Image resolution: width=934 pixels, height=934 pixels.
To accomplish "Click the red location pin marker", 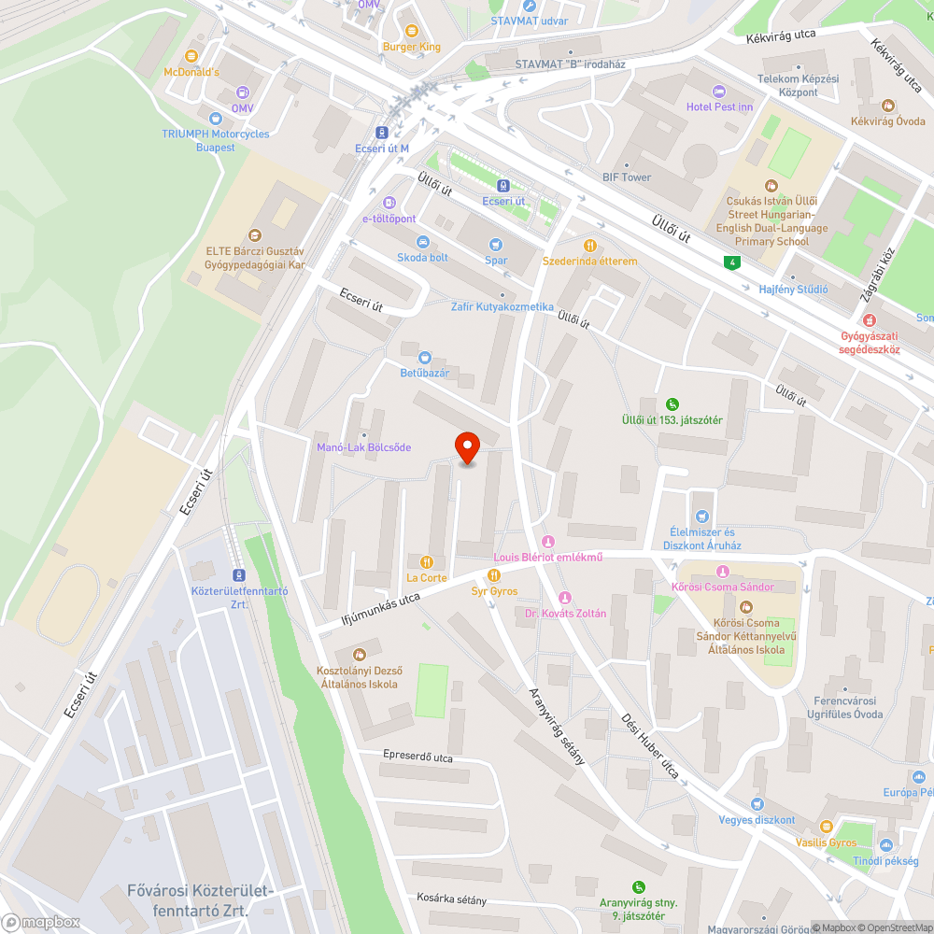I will click(466, 447).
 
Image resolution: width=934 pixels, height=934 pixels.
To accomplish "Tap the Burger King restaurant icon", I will click(411, 31).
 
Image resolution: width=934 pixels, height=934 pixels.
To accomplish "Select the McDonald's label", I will click(191, 72).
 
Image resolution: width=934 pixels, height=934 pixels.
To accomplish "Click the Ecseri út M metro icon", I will click(382, 133).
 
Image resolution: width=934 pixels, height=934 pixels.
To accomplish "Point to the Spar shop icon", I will click(496, 244).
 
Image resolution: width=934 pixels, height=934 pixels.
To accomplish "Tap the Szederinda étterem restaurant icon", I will click(589, 246).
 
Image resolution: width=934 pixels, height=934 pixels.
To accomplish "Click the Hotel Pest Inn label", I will click(719, 106).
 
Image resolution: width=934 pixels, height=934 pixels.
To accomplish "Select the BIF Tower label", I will click(627, 177).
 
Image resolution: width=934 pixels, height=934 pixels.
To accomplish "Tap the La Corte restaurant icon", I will click(426, 561).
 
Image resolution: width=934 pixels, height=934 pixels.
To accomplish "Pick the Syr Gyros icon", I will click(494, 575).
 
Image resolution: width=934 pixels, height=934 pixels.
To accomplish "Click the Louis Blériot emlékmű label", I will click(547, 558).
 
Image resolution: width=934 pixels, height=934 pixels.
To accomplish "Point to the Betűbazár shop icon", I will click(425, 357).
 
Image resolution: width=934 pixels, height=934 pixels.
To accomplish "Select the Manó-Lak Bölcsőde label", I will click(363, 447).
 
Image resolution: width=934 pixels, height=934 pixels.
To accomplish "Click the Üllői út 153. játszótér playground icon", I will click(672, 403).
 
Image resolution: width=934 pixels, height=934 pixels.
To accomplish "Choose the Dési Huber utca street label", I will click(650, 747).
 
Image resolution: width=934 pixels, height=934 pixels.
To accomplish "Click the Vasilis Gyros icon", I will click(826, 827).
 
